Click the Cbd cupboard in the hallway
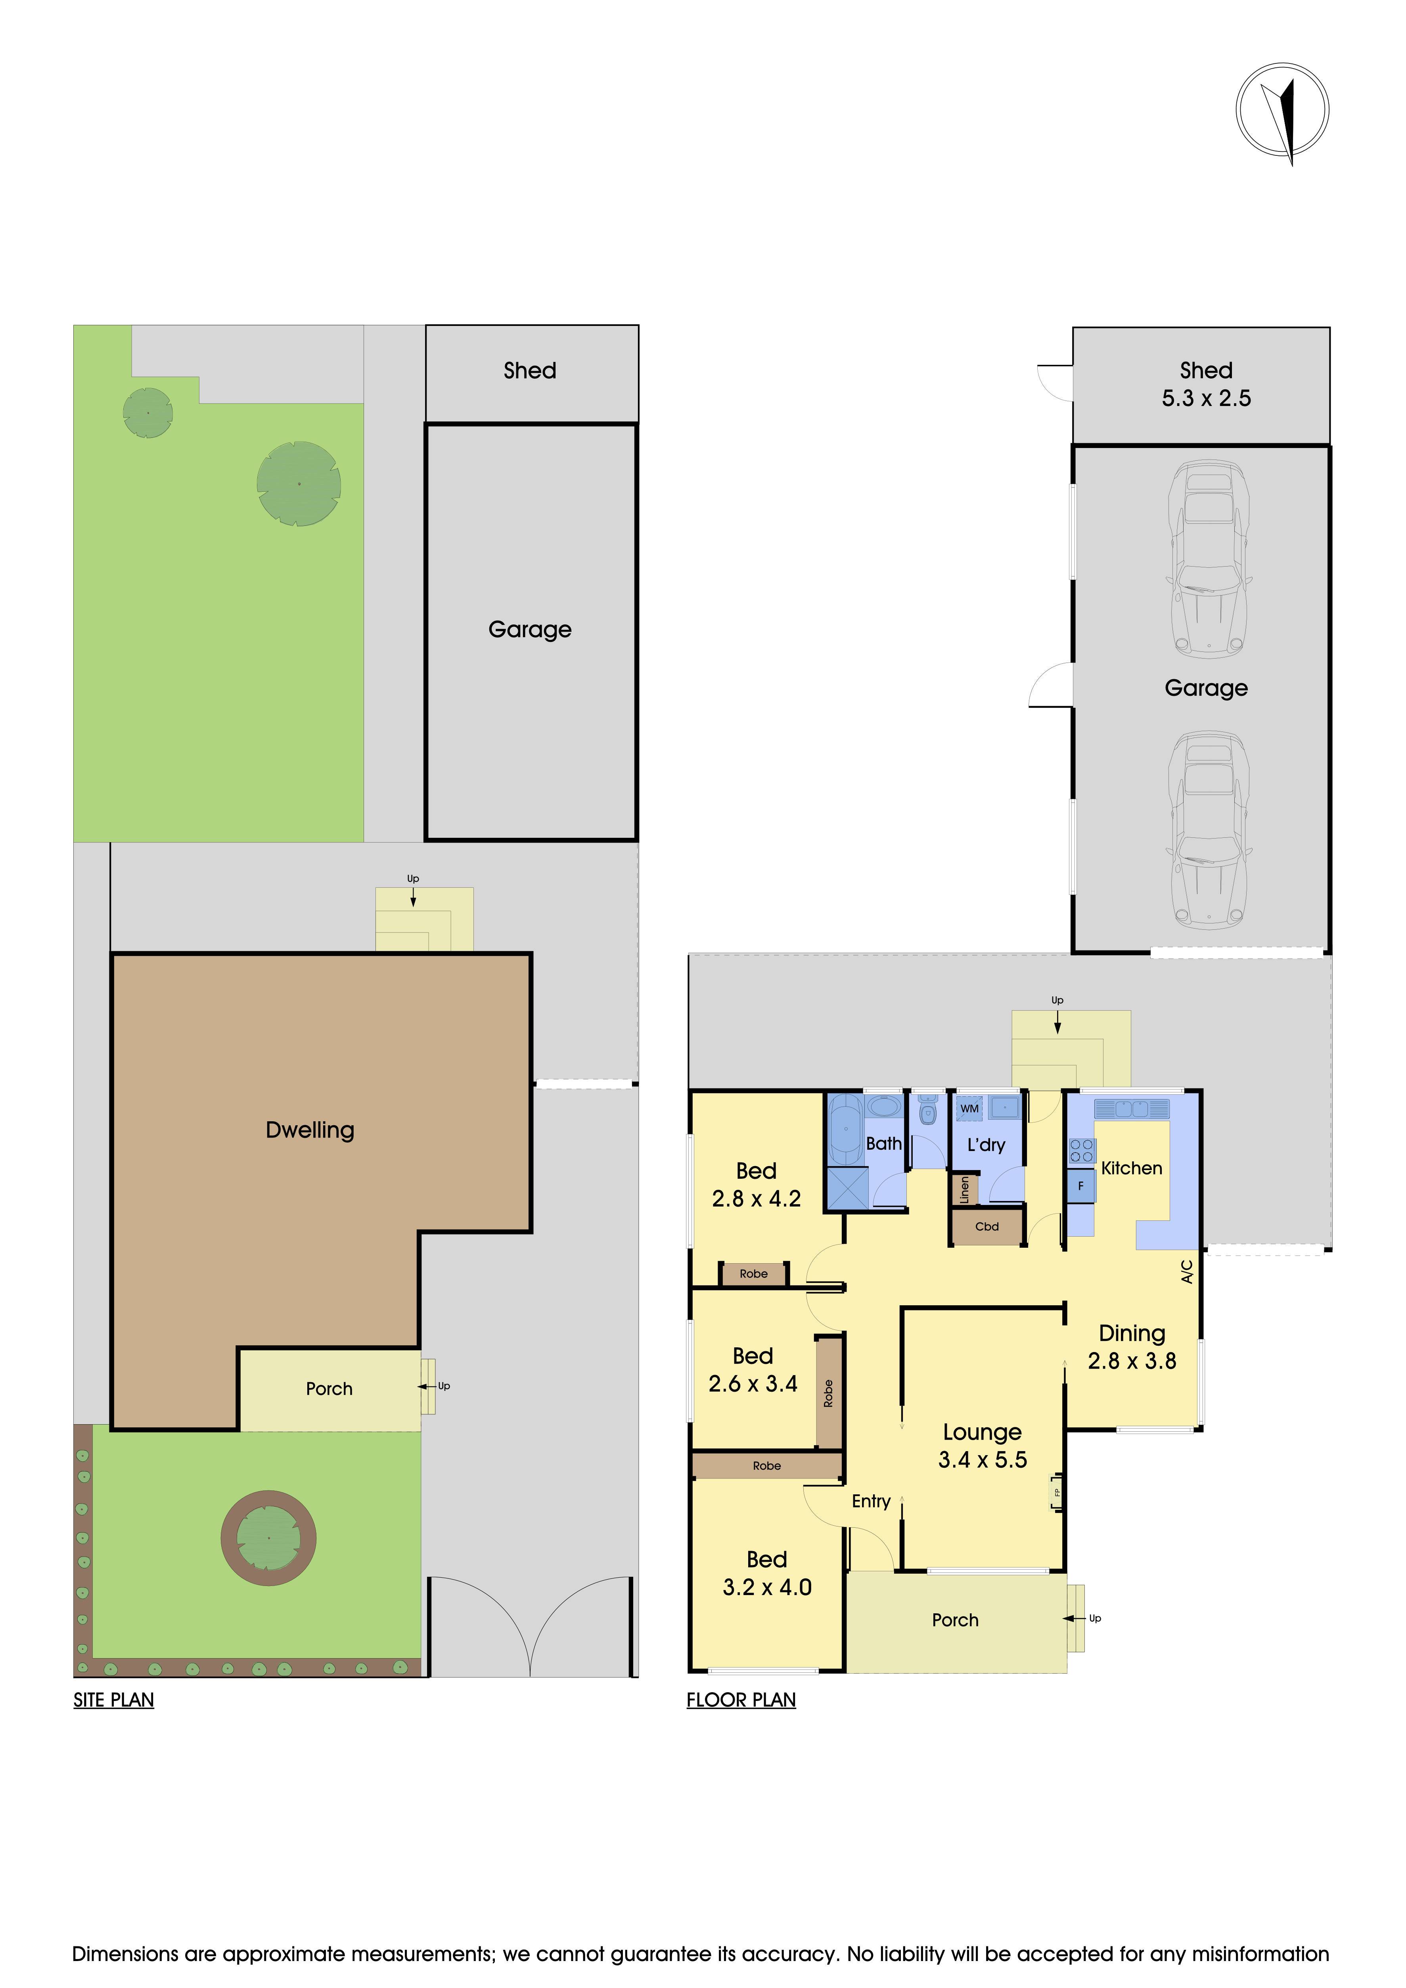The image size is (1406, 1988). tap(987, 1227)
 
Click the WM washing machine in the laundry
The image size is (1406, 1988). tap(970, 1108)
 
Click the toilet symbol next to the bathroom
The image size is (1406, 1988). tap(928, 1112)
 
